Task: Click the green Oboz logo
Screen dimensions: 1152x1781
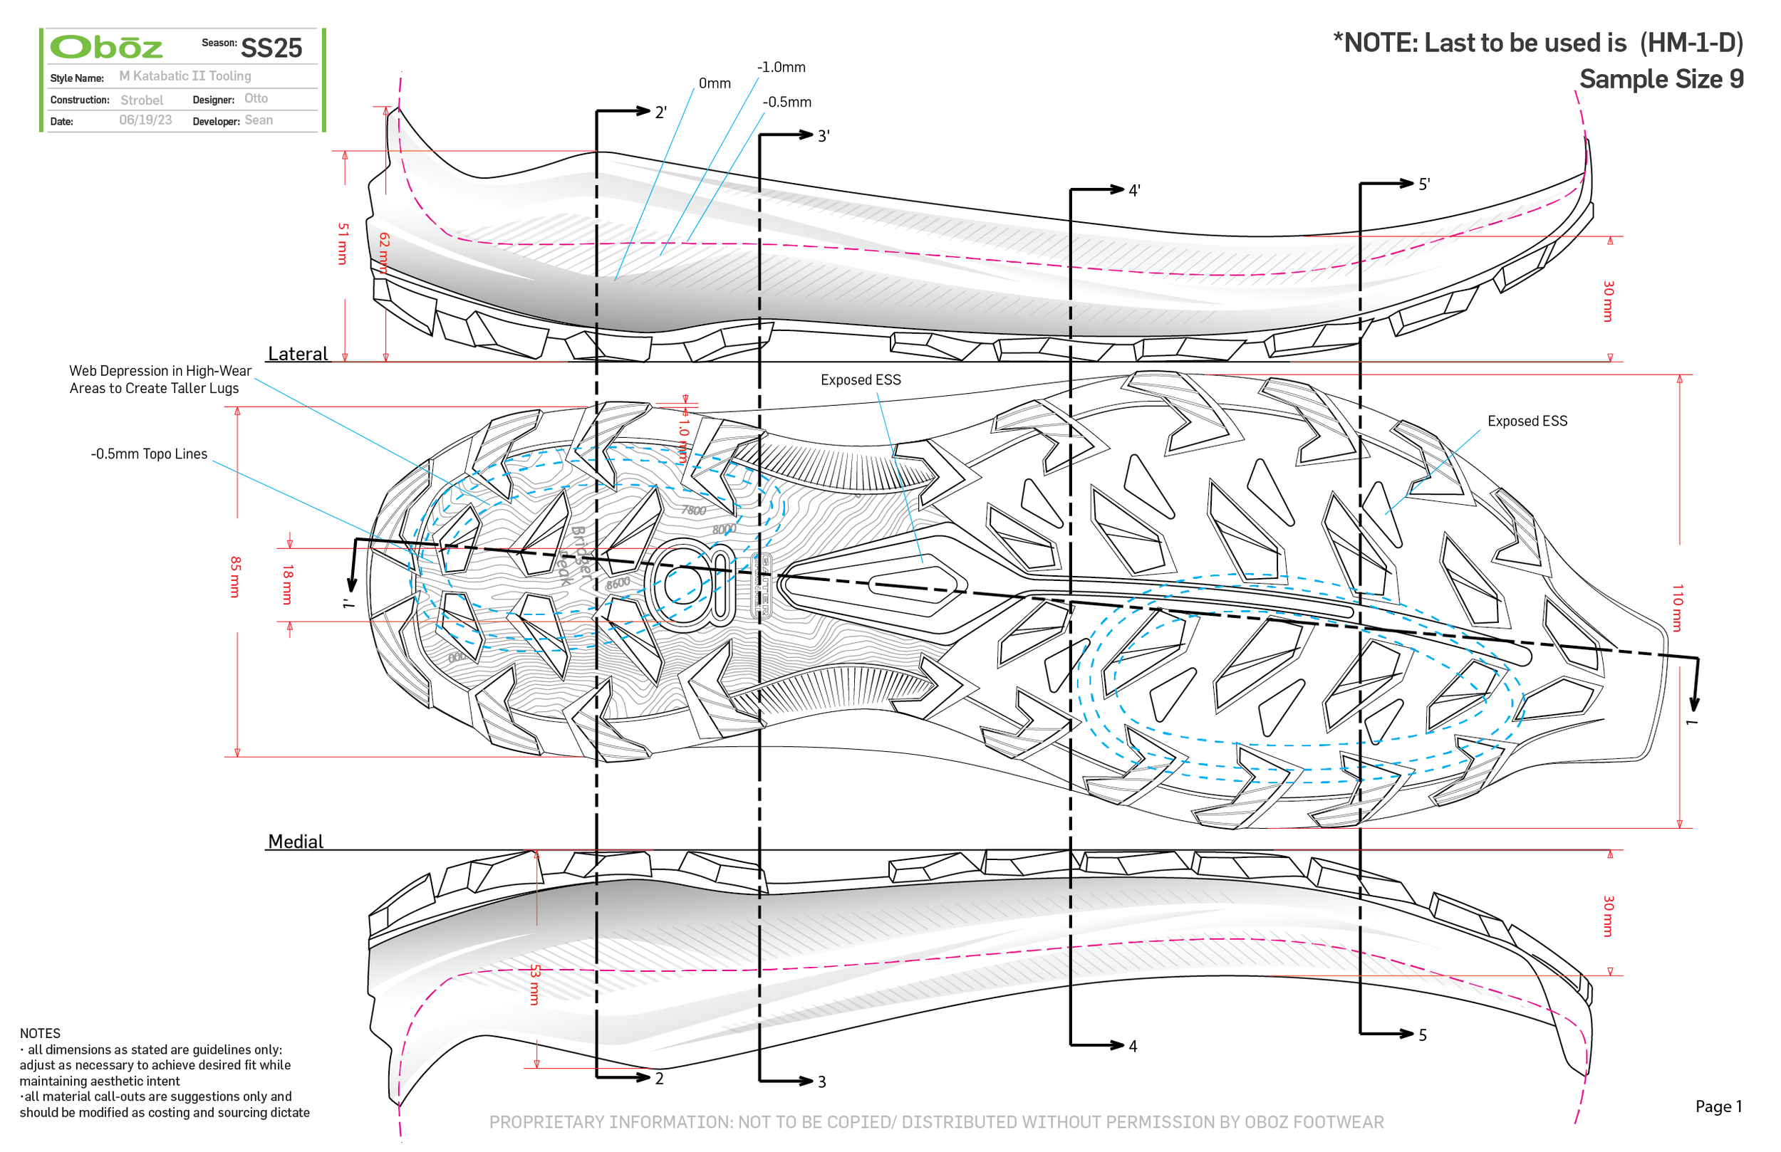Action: (105, 47)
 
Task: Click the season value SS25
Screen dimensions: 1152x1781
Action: (271, 48)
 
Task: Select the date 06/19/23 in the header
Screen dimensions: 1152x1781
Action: (145, 120)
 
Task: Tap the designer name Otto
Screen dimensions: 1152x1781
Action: (256, 99)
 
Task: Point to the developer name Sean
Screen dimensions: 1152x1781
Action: (258, 120)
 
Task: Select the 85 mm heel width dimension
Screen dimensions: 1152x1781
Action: (235, 577)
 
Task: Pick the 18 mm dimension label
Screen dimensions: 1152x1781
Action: (287, 585)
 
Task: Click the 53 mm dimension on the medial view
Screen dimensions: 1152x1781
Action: (534, 984)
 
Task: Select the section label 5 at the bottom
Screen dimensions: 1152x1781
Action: (1422, 1035)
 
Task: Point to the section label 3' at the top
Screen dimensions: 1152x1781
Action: (822, 136)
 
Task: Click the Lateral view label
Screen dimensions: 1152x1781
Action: (298, 354)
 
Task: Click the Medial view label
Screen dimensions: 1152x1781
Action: (296, 842)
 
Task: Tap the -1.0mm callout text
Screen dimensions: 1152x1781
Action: (781, 68)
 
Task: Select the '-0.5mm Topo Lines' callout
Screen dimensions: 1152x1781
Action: (149, 454)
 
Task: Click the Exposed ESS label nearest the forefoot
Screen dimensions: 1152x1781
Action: (1527, 421)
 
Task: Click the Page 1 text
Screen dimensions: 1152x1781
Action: (1718, 1106)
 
